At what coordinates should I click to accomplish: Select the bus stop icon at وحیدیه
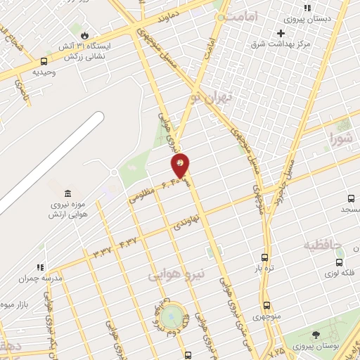(x=44, y=61)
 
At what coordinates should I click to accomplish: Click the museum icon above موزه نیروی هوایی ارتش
(x=67, y=193)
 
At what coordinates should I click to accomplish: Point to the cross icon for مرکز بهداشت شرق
(x=281, y=33)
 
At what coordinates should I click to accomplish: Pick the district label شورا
(x=340, y=139)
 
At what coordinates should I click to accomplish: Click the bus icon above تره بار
(x=264, y=257)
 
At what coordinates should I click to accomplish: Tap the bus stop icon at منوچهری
(x=266, y=305)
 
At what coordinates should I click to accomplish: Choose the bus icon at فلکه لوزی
(x=339, y=262)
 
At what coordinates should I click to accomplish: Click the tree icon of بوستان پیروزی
(x=314, y=335)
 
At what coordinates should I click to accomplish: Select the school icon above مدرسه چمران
(x=39, y=266)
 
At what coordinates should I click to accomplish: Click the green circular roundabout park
(x=171, y=317)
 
